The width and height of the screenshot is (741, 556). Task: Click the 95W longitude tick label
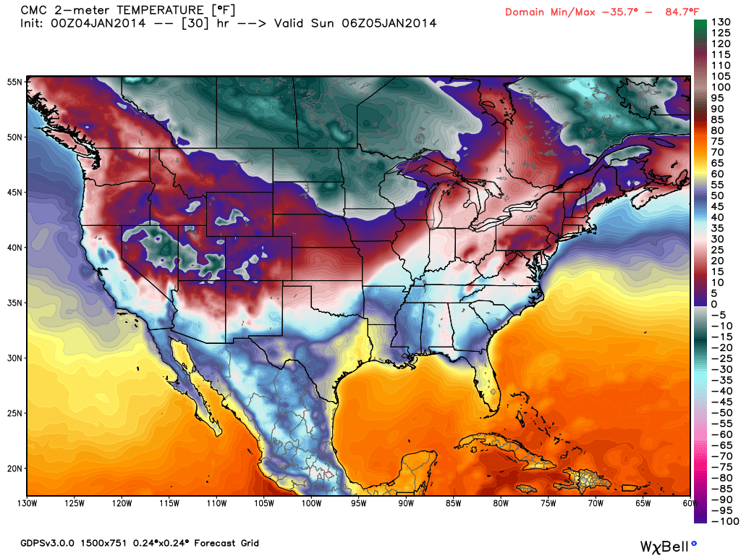[359, 503]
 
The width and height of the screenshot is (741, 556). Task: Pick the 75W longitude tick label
[548, 503]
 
